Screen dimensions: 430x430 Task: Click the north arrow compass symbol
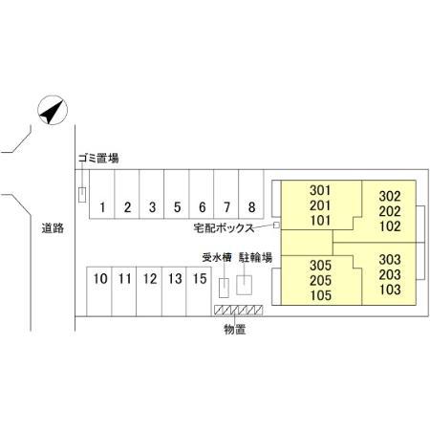coord(53,110)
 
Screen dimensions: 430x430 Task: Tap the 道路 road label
coord(53,228)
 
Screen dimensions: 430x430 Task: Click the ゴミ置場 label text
coord(98,158)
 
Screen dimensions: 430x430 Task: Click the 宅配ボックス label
coord(224,228)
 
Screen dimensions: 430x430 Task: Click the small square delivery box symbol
coord(276,226)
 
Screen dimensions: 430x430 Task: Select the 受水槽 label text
coord(217,257)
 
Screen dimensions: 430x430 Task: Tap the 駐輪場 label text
coord(256,257)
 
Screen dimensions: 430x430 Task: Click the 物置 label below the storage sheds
coord(235,330)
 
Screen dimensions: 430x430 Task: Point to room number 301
coord(320,190)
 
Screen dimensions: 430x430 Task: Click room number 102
coord(390,226)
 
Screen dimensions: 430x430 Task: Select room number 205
coord(320,280)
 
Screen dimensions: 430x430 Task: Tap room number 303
coord(390,260)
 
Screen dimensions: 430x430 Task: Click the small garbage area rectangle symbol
coord(82,195)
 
